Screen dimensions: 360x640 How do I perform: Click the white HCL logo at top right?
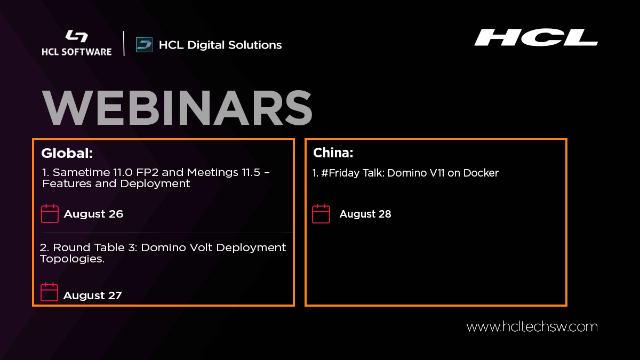(x=535, y=37)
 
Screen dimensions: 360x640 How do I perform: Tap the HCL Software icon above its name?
(x=76, y=37)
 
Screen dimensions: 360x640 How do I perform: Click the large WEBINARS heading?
(x=177, y=109)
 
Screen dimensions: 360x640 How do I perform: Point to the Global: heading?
(x=67, y=154)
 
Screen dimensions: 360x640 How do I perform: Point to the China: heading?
(x=333, y=154)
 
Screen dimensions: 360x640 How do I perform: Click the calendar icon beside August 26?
(x=50, y=213)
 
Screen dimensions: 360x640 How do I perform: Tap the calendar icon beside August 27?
(x=50, y=292)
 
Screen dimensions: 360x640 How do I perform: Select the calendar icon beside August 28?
(x=321, y=213)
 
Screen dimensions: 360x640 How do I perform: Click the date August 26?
(x=93, y=214)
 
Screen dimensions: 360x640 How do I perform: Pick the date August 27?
(x=92, y=295)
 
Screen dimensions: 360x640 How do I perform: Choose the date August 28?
(x=365, y=214)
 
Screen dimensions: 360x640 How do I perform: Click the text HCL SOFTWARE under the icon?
(x=77, y=52)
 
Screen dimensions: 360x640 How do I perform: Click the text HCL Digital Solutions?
(x=220, y=45)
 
